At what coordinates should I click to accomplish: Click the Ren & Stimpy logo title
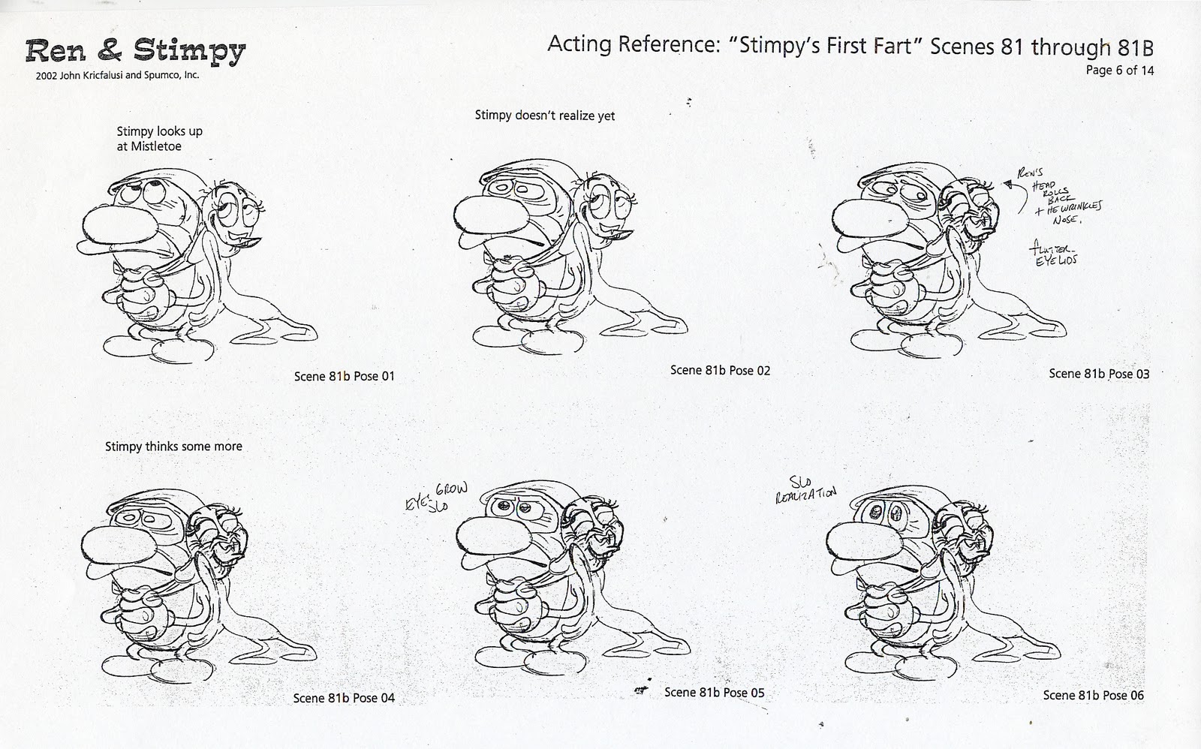coord(135,50)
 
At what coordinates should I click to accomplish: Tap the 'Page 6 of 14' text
coord(1120,71)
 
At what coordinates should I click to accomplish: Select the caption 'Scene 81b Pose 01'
coord(344,376)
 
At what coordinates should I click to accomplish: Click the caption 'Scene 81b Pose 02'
coord(720,370)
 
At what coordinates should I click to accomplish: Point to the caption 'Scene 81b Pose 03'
coord(1099,373)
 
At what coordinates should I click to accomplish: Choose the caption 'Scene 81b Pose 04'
coord(344,698)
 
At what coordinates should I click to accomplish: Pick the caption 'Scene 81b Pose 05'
coord(714,692)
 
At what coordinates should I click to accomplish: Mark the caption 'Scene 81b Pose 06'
coord(1093,695)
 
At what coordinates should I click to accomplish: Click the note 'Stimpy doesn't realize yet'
coord(545,116)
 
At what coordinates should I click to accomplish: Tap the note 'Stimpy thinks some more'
coord(173,446)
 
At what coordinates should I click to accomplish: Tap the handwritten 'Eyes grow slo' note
coord(436,497)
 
